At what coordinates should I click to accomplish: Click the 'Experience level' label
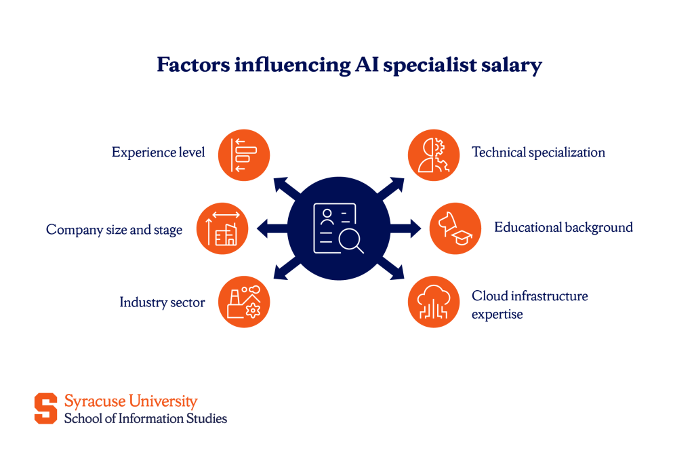coord(158,153)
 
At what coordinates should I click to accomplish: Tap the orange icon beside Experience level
coord(244,155)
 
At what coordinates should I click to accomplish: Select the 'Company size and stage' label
coord(114,230)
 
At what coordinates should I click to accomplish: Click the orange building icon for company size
coord(222,228)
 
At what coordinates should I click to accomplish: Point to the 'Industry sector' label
coord(162,302)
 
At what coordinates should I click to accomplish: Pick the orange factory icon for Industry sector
coord(244,302)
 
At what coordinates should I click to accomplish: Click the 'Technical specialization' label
coord(538,152)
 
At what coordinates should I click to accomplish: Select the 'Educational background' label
coord(563,227)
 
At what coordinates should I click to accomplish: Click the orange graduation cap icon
coord(455,228)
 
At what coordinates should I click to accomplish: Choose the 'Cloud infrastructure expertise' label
coord(529,304)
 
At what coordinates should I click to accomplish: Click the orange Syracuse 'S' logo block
coord(46,408)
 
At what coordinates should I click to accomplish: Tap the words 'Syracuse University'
coord(131,401)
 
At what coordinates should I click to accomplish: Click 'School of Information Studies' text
coord(146,418)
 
